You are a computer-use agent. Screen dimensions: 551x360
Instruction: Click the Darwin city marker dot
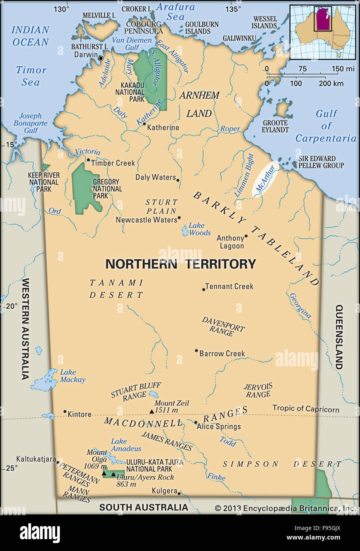pos(101,58)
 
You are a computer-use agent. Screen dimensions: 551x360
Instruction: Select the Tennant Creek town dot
pos(204,289)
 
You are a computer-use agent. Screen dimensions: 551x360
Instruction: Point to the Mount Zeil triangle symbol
pos(151,411)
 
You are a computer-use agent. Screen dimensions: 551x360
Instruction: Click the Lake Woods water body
pos(185,230)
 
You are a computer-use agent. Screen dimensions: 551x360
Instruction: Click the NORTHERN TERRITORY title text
pos(180,264)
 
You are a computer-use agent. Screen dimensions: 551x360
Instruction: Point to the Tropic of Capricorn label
pos(306,409)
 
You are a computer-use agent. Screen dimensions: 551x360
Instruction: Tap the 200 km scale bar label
pos(331,84)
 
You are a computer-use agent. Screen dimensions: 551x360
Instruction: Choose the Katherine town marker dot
pos(144,124)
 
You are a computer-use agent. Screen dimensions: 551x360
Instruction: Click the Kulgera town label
pos(164,491)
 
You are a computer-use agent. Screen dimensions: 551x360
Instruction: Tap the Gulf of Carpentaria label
pos(326,126)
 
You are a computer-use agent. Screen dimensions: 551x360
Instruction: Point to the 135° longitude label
pos(233,9)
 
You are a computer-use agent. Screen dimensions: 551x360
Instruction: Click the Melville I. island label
pos(99,15)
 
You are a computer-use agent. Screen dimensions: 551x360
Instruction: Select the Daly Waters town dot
pos(178,180)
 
